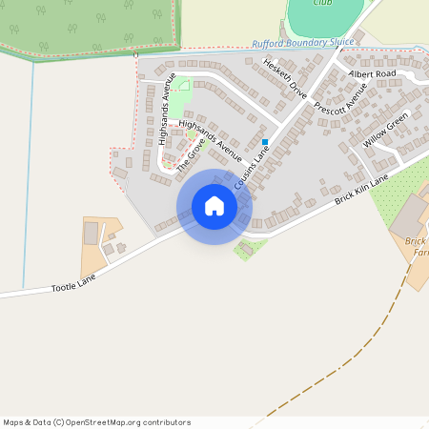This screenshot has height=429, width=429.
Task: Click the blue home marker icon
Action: [214, 206]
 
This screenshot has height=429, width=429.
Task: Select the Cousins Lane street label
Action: [250, 165]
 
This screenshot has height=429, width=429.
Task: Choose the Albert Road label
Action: [372, 73]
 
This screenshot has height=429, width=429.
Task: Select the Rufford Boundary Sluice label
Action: [302, 44]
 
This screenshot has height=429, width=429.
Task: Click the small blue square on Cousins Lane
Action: [265, 142]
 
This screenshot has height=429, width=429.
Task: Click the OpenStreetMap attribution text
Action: [96, 422]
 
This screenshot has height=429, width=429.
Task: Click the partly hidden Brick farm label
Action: [414, 243]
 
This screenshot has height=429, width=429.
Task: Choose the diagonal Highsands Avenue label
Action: [211, 136]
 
